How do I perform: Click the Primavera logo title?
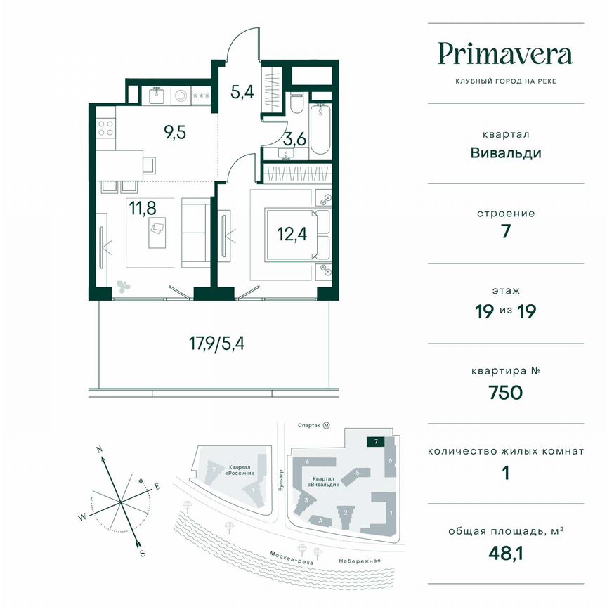point(505,53)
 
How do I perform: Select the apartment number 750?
point(505,392)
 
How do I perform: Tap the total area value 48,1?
point(505,553)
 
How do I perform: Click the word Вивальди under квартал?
point(505,152)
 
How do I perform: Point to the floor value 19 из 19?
point(505,311)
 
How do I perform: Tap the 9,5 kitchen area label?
point(175,132)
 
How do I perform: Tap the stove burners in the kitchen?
point(105,127)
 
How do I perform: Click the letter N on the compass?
point(100,448)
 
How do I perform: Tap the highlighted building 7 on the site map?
point(377,441)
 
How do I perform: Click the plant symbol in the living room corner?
point(125,286)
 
